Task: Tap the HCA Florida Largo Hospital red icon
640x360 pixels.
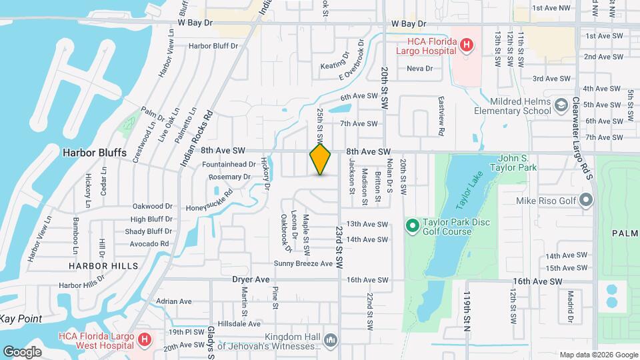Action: [467, 45]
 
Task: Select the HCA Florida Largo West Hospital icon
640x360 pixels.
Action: [144, 340]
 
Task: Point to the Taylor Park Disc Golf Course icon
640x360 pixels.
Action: [412, 227]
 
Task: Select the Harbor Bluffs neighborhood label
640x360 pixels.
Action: [94, 152]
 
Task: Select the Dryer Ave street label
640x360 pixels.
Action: [251, 279]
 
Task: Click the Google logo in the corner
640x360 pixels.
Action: [23, 351]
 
